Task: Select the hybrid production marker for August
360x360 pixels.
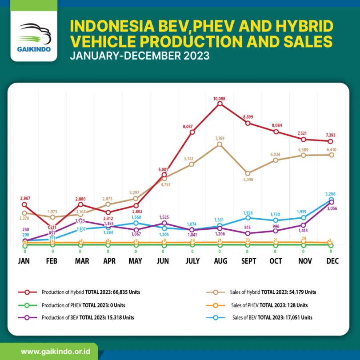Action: [220, 104]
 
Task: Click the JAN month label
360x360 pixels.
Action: [24, 261]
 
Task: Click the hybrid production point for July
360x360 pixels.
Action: [192, 132]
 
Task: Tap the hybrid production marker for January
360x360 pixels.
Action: [24, 205]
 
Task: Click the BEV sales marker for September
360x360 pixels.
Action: [248, 217]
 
